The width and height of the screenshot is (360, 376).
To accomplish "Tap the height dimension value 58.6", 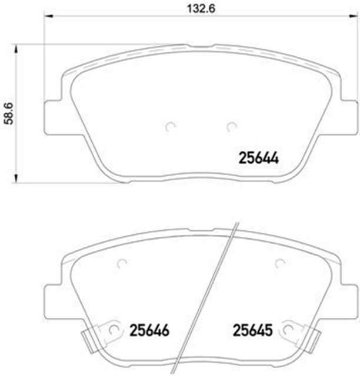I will point(7,112).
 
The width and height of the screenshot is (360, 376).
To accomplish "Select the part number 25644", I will point(258,158).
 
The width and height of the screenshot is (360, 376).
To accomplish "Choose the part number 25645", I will point(252,331).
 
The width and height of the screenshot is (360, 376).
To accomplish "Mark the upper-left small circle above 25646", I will point(122,264).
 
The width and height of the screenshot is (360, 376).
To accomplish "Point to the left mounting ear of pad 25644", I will point(54,115).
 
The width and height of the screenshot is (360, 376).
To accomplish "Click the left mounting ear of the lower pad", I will point(54,300).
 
